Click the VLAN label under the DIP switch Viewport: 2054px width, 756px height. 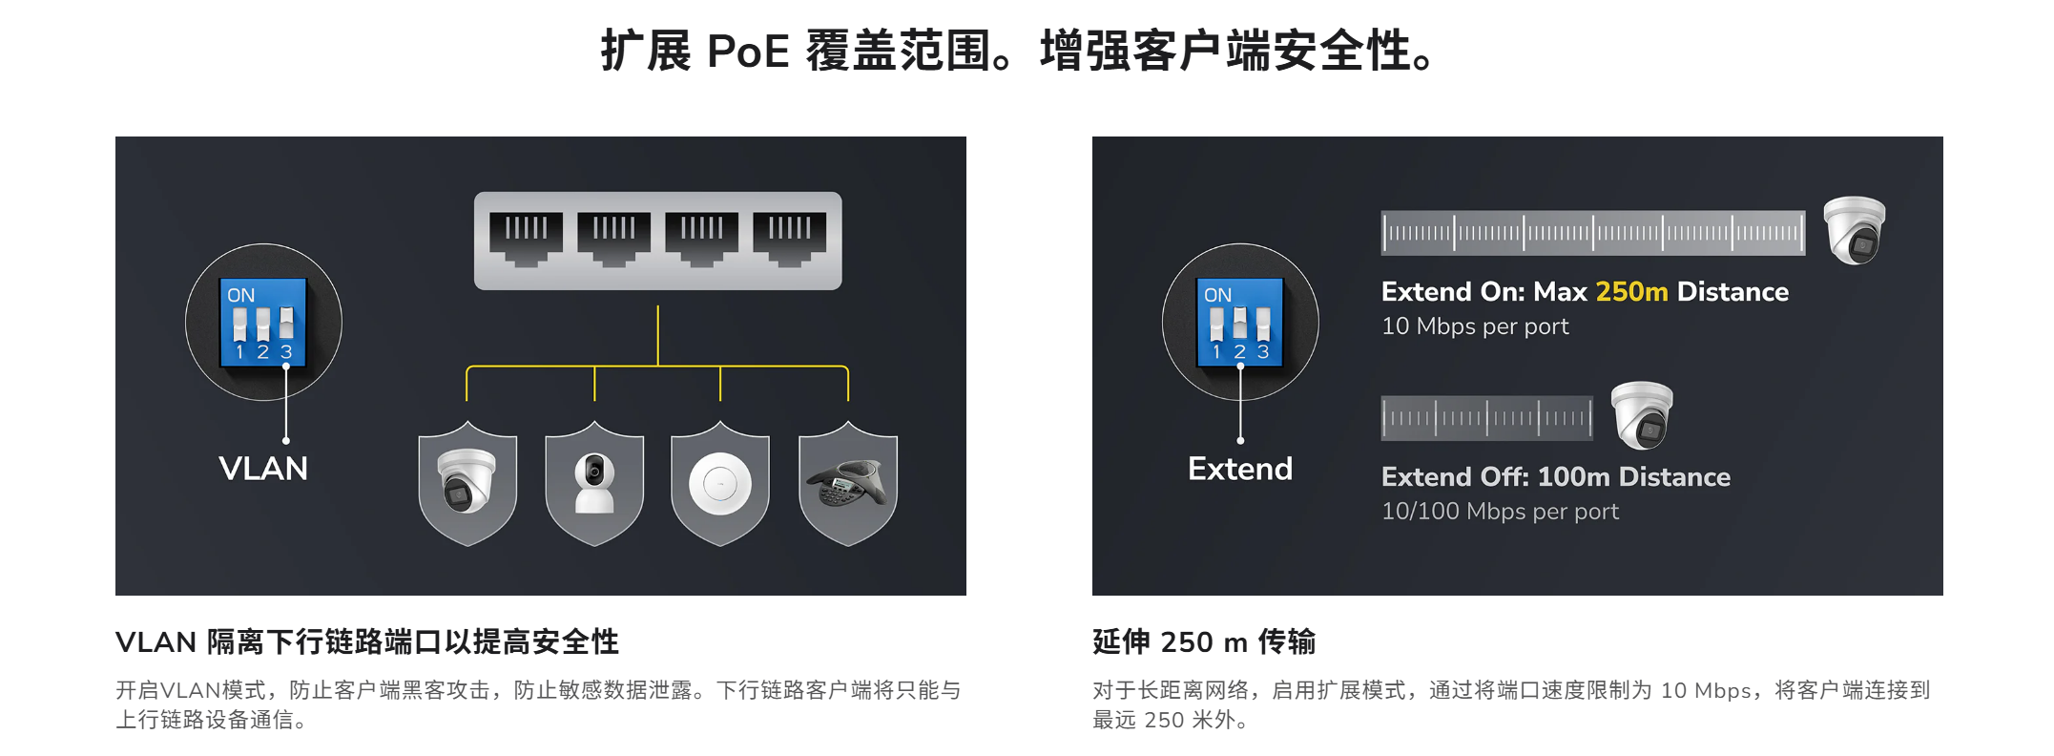point(263,469)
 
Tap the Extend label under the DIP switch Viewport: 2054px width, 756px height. point(1240,469)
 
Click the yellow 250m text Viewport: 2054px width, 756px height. point(1631,291)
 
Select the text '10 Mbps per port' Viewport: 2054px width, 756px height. point(1475,326)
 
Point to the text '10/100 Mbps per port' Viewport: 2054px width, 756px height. point(1500,512)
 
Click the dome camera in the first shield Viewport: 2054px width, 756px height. point(467,480)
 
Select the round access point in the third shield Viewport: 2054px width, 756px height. point(720,484)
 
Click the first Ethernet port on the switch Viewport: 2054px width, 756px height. point(526,239)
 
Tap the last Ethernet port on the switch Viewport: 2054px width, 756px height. point(790,239)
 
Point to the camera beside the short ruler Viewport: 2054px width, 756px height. point(1642,415)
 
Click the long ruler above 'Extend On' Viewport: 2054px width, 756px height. point(1593,233)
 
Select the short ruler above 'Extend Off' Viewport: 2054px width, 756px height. point(1486,418)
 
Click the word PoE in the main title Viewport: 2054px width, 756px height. point(748,51)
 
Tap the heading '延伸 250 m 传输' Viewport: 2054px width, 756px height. point(1204,641)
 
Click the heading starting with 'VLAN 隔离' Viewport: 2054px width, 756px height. point(367,641)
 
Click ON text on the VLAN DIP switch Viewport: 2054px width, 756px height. point(241,295)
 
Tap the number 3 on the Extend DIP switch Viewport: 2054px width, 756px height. point(1263,351)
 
